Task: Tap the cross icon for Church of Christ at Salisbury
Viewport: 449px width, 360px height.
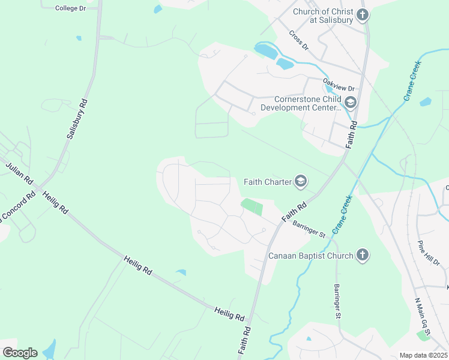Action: tap(362, 15)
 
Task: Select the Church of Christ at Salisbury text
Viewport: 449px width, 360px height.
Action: tap(324, 16)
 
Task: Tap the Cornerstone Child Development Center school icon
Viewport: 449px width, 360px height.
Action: tap(350, 103)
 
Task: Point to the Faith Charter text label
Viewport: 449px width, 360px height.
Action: tap(267, 182)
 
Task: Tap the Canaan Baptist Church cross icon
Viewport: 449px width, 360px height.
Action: tap(362, 256)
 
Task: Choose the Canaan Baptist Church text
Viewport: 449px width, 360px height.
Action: tap(310, 256)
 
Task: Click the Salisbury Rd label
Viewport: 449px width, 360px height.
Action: tap(77, 119)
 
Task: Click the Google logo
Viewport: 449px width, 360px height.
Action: tap(20, 352)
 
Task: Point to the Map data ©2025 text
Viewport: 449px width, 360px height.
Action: tap(423, 355)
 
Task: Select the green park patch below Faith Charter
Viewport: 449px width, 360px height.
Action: tap(252, 207)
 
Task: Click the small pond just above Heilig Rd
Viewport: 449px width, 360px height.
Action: tap(181, 274)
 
